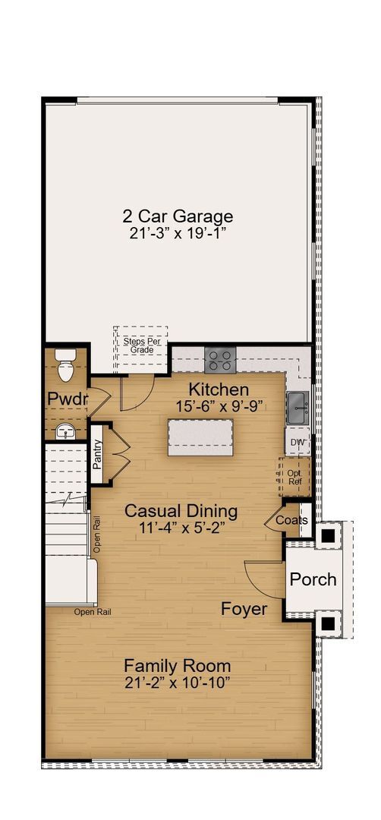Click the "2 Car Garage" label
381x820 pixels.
click(x=178, y=216)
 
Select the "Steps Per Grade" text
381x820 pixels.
click(x=142, y=345)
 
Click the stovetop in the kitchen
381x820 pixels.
click(x=221, y=358)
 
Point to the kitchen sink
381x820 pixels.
click(x=297, y=408)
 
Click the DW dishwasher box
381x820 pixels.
click(x=297, y=442)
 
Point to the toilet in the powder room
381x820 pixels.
click(x=66, y=367)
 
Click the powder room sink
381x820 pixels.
click(x=66, y=431)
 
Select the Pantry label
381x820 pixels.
click(x=97, y=459)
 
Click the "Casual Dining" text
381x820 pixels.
click(x=181, y=510)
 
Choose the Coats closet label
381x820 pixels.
click(x=292, y=520)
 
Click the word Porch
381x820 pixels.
click(x=313, y=579)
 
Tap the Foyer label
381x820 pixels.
click(x=244, y=608)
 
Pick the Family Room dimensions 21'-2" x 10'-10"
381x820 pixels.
click(x=178, y=683)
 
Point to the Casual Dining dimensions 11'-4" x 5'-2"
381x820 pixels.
click(x=181, y=526)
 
